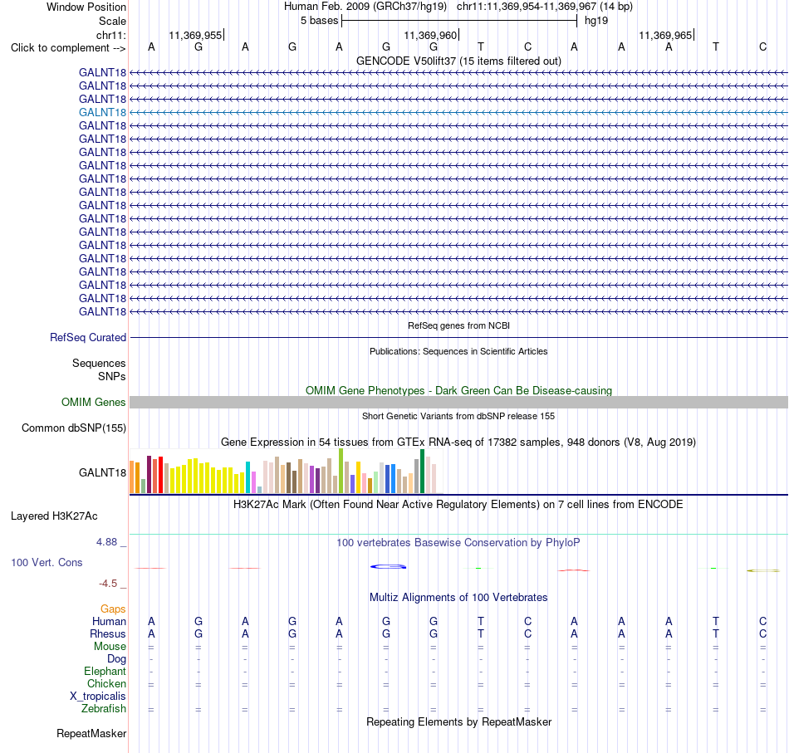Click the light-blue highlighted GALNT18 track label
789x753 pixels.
[102, 112]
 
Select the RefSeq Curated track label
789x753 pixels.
[88, 338]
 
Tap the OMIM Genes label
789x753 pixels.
[94, 402]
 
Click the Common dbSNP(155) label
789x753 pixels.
[74, 428]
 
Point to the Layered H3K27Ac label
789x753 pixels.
[54, 516]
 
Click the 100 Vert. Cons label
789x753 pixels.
[47, 562]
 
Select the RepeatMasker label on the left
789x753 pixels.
[91, 733]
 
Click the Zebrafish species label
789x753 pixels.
[104, 708]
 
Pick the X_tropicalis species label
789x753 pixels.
[98, 697]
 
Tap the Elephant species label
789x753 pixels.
[105, 671]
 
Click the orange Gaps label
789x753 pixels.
[113, 609]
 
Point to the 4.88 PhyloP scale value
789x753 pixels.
[106, 542]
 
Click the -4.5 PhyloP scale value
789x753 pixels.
[108, 584]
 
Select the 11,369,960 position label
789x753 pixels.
[430, 35]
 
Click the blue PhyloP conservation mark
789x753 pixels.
[388, 567]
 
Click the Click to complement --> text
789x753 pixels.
[68, 48]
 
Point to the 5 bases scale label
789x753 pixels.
[320, 21]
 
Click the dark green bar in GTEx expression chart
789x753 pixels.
[422, 471]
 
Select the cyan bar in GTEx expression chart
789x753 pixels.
[248, 477]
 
